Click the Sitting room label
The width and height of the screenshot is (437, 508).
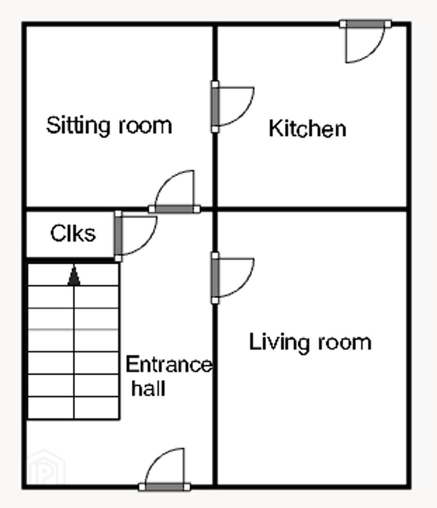tap(109, 126)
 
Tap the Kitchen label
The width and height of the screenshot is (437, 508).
tap(308, 128)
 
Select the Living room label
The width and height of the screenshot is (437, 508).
tap(310, 342)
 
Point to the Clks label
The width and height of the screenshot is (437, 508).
tap(73, 233)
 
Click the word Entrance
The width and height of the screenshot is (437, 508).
tap(169, 365)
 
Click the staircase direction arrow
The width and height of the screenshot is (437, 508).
tap(74, 275)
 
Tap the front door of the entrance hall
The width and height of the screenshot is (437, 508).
tap(164, 487)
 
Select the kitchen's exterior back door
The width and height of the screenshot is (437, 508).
tap(365, 24)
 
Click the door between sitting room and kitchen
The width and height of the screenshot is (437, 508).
tap(215, 107)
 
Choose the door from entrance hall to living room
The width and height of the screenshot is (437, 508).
tap(215, 278)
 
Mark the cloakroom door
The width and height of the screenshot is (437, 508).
tap(118, 236)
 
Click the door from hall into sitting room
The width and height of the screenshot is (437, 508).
tap(174, 209)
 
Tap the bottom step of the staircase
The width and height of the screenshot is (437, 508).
tap(73, 408)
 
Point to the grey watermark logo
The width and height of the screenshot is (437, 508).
tap(45, 468)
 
